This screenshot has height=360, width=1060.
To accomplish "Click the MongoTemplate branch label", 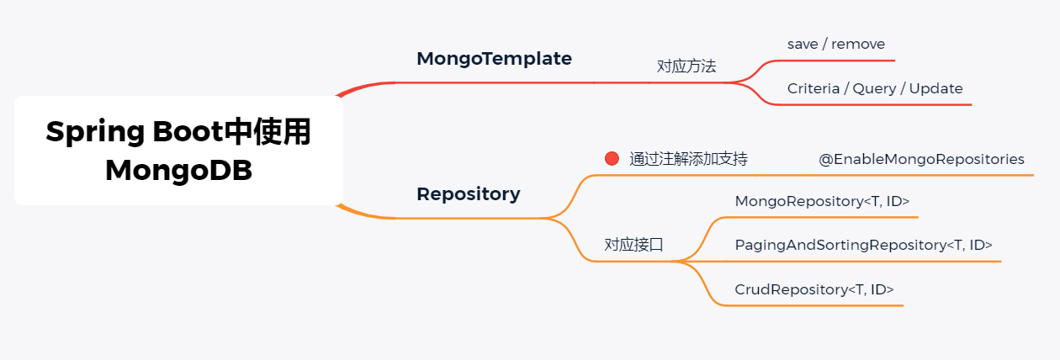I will (x=494, y=59).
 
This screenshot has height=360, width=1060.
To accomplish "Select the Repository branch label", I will (x=469, y=194).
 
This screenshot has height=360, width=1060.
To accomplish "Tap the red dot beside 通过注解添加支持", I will (x=612, y=158).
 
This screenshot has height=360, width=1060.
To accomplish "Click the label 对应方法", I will (x=686, y=66).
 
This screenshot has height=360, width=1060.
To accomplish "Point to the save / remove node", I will (x=835, y=44).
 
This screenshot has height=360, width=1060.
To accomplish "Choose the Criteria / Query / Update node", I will (x=875, y=88).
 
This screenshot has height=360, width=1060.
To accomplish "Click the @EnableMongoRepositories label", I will (x=921, y=159).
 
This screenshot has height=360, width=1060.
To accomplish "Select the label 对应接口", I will (x=633, y=245).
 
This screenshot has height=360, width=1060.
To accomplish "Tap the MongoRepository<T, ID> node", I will (x=822, y=202).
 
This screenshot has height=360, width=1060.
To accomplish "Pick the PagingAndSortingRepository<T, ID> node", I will (x=863, y=246).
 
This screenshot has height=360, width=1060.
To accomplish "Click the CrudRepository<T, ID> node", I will (x=814, y=289).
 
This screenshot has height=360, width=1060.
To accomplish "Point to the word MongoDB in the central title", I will (x=178, y=170).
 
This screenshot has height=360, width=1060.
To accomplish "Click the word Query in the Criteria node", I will (x=874, y=88).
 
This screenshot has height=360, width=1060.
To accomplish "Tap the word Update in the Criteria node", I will (x=935, y=88).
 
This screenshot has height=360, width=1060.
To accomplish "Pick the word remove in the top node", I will (x=857, y=44).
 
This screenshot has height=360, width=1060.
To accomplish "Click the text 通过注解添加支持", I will (x=688, y=159).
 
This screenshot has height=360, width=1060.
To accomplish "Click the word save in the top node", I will (x=803, y=44).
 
